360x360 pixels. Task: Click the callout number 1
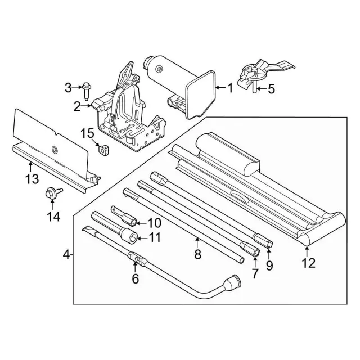click(x=229, y=88)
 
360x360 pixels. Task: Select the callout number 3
click(x=68, y=87)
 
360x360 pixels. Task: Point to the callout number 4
click(x=66, y=254)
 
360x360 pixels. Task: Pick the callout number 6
click(x=134, y=277)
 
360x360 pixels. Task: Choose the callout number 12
click(x=308, y=262)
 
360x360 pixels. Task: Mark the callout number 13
click(x=31, y=179)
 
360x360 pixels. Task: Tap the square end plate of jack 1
click(x=201, y=92)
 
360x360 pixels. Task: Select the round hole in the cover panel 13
click(x=55, y=149)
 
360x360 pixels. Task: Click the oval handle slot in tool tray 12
click(x=240, y=196)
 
